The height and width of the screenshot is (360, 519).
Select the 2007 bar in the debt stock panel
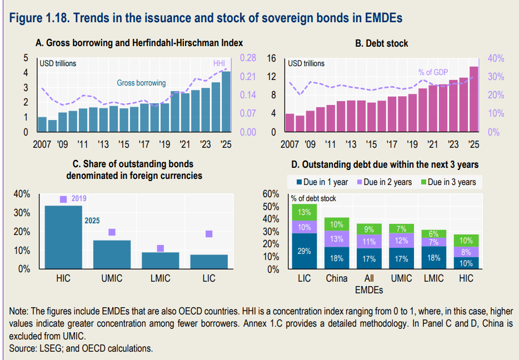pos(290,123)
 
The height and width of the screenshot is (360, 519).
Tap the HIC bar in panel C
pos(63,237)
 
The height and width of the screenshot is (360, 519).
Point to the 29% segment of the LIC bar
pos(304,251)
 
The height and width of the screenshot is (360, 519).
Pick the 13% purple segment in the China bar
pos(336,239)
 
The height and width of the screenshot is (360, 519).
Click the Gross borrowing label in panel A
pos(141,83)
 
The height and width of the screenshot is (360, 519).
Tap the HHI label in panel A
pos(219,63)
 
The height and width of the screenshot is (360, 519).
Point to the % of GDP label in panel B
pos(433,72)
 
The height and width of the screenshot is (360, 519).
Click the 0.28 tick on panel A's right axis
pos(247,58)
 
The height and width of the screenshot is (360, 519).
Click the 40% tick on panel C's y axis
pos(22,194)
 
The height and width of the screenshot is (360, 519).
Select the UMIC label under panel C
pos(112,278)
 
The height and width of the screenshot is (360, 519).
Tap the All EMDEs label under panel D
pos(368,283)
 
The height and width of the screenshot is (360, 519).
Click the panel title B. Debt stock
pos(382,43)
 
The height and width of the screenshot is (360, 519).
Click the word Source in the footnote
pos(22,348)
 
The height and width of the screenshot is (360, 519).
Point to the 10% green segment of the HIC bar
pos(466,240)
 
